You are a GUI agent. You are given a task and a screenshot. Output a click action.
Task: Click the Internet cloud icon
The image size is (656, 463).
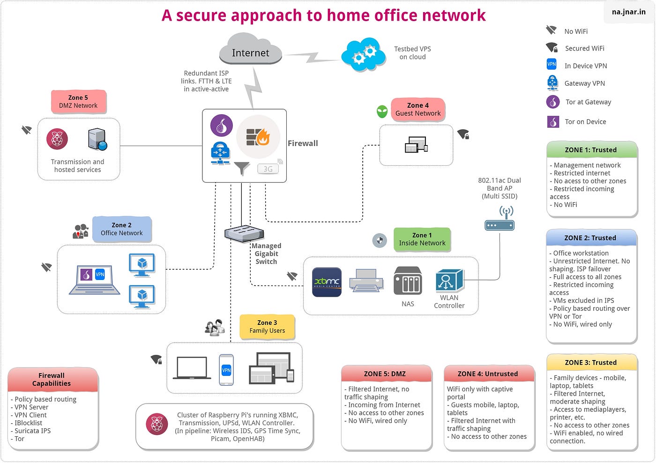click(x=250, y=49)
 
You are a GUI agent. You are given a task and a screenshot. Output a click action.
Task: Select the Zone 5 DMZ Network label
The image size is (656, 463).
click(x=78, y=102)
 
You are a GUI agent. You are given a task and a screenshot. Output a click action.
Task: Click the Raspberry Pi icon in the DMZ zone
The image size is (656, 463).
click(x=57, y=139)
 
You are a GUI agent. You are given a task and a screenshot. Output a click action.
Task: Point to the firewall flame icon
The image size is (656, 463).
click(x=258, y=137)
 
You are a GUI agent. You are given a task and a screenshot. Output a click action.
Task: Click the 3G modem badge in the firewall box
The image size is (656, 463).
click(x=268, y=169)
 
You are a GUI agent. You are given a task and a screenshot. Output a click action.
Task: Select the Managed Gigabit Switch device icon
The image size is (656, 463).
click(x=244, y=233)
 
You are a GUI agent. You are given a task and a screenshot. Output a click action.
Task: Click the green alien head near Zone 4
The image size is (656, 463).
click(x=382, y=111)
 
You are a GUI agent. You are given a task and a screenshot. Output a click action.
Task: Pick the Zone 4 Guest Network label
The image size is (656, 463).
click(x=417, y=109)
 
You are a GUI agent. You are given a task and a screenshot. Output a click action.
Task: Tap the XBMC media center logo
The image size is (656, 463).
click(x=327, y=282)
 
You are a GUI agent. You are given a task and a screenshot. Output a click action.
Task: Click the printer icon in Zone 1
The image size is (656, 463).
click(x=366, y=280)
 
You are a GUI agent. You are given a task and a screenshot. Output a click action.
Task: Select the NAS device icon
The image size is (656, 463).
click(x=407, y=281)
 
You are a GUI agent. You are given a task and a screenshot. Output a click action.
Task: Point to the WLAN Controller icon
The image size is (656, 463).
click(x=449, y=281)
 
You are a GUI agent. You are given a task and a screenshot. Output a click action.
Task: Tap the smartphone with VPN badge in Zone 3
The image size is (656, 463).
click(x=226, y=370)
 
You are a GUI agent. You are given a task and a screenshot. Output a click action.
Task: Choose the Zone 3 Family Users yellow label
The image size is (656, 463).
click(x=267, y=326)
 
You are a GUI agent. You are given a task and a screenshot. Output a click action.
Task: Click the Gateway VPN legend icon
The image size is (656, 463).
click(x=552, y=83)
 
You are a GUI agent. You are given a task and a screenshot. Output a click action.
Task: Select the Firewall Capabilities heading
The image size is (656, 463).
click(x=52, y=379)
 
